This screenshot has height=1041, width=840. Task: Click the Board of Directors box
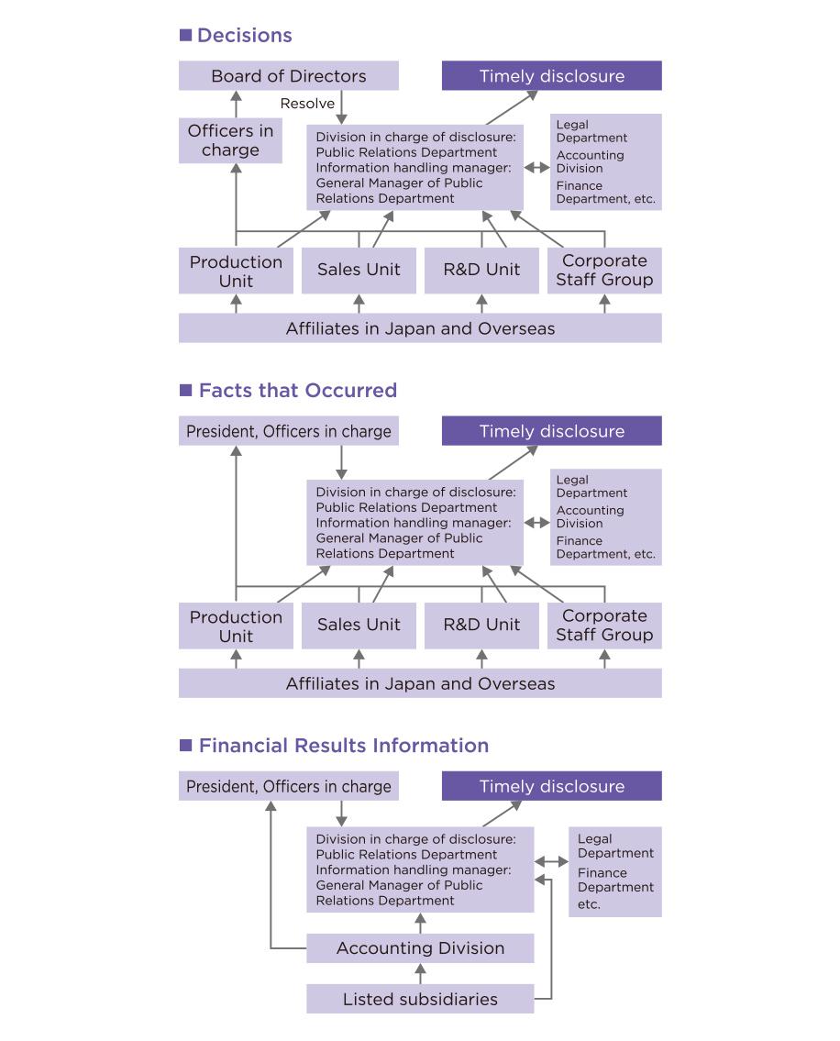288,76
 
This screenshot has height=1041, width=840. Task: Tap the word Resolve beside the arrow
307,104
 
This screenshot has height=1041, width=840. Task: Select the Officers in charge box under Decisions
230,140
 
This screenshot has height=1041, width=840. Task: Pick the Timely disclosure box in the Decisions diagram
551,76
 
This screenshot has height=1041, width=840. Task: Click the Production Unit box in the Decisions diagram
236,271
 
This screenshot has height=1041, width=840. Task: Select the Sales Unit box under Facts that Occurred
359,625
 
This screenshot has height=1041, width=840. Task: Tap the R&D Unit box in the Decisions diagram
481,270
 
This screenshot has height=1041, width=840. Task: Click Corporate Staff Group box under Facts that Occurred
604,625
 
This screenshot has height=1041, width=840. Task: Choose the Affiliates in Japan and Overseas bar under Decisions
420,328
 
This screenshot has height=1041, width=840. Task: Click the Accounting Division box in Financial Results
420,948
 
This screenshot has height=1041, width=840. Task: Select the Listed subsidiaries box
420,999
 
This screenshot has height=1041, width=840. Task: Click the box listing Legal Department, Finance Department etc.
615,871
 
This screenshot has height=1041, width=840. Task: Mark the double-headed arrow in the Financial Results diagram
551,862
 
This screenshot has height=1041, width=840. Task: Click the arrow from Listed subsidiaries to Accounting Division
420,974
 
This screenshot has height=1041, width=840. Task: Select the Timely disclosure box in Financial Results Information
551,786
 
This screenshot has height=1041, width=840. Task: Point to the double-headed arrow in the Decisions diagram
536,168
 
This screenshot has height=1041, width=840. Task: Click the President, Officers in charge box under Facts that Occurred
288,431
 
